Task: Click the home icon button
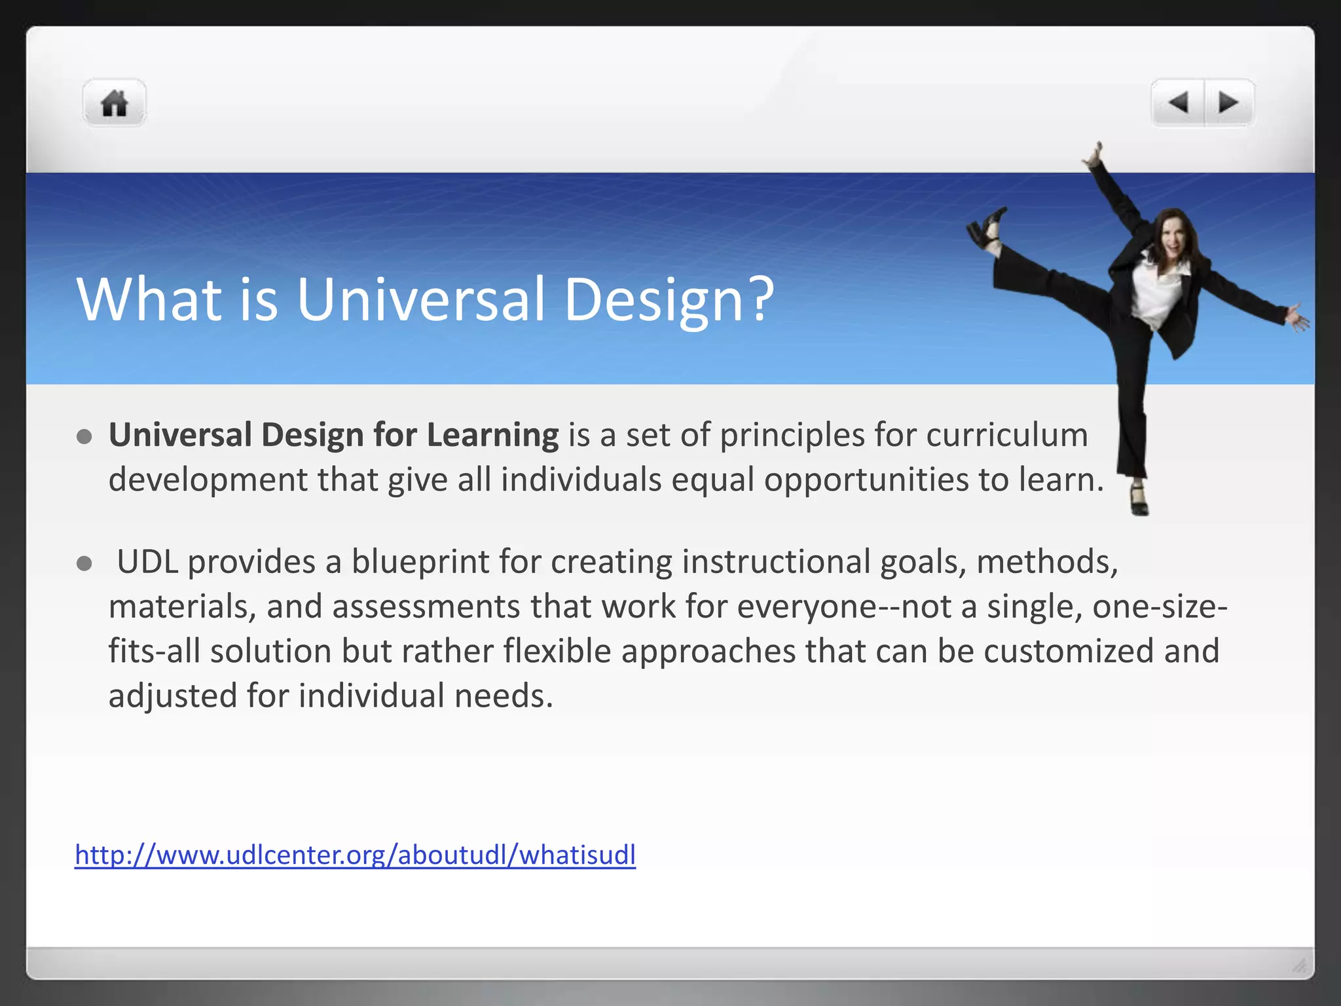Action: pos(114,103)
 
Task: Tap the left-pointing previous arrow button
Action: pos(1178,103)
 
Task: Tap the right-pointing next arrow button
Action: pos(1228,103)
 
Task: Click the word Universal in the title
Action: pos(420,299)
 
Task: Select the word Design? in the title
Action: pos(669,299)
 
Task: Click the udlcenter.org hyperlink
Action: pos(355,855)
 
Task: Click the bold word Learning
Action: pos(492,435)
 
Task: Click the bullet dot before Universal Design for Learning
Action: pos(84,437)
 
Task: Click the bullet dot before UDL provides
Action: pos(84,563)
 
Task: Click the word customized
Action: pos(1068,651)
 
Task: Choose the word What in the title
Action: pos(149,299)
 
